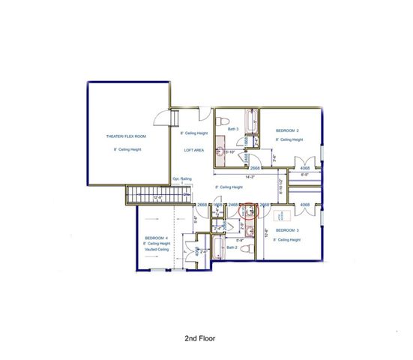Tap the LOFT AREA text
click(194, 149)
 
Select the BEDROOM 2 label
click(287, 129)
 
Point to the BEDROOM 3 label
click(288, 229)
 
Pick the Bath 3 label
click(233, 129)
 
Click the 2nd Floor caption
click(201, 338)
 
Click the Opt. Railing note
click(182, 179)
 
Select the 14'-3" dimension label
click(237, 178)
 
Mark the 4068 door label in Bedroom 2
click(305, 169)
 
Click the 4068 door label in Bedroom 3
click(305, 204)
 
